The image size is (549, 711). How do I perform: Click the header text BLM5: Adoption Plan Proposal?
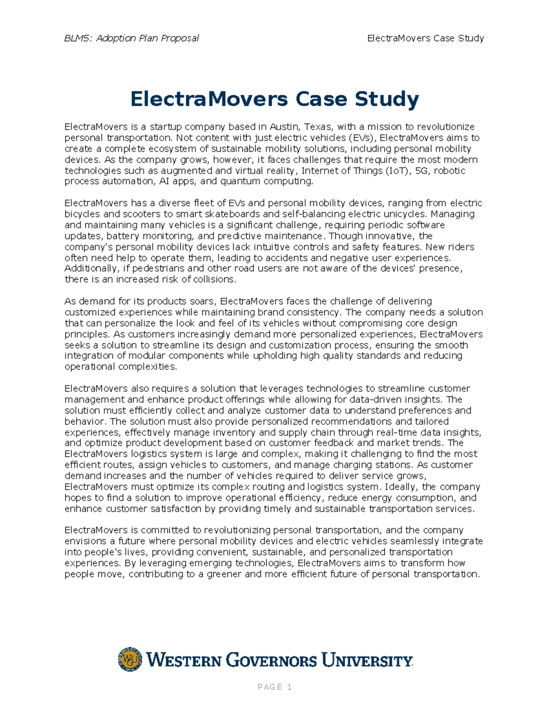tap(131, 38)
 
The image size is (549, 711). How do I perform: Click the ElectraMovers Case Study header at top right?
tap(425, 38)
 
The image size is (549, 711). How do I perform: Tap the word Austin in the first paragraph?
tap(284, 127)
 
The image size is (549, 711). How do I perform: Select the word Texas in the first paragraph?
tap(319, 127)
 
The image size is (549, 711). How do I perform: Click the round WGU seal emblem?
tap(130, 659)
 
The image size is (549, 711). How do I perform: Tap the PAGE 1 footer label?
tap(274, 687)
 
